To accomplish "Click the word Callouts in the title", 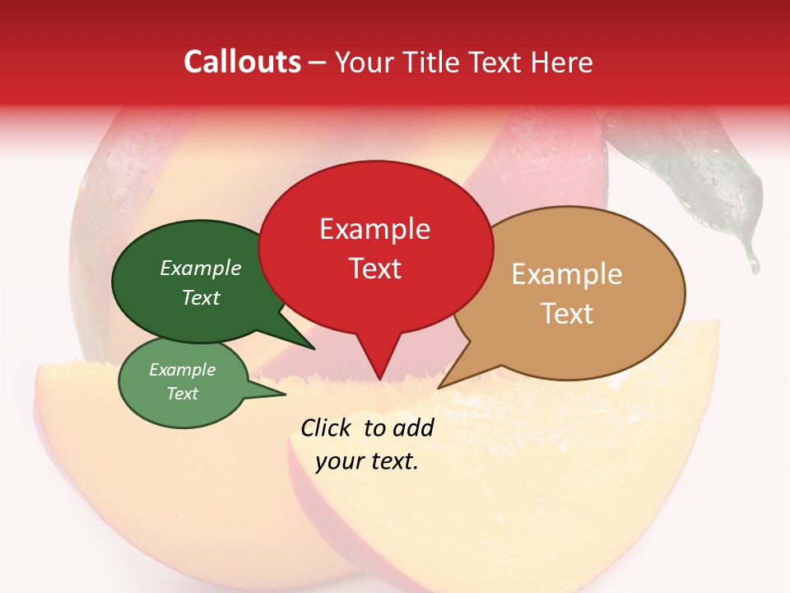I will pos(242,62).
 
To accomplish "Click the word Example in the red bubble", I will pos(374,229).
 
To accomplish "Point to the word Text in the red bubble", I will pos(374,268).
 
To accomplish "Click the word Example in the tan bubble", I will pos(567,274).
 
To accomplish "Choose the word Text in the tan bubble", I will pos(567,314).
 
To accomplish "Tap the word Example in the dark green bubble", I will pos(200,268).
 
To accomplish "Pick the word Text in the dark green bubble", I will pos(200,298).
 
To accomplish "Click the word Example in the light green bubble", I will pos(182,370).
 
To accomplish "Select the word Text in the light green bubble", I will pos(182,394).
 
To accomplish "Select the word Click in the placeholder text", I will pos(328,427).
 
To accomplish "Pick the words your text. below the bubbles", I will pos(367,462).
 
